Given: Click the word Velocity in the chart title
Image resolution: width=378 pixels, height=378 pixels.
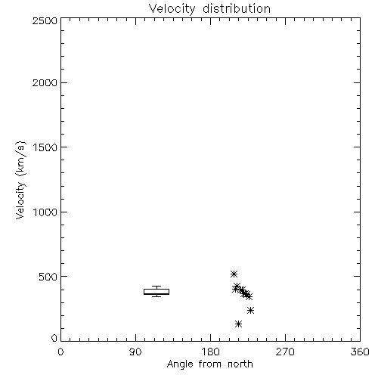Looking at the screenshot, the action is point(172,9).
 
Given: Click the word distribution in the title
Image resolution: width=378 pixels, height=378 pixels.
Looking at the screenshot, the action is point(237,8).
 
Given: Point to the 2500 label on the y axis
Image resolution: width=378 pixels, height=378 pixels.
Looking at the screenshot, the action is point(45,20).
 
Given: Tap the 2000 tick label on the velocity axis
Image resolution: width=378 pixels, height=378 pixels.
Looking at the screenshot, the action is point(45,83).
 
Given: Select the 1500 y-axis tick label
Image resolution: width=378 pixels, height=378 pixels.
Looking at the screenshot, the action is point(45,147).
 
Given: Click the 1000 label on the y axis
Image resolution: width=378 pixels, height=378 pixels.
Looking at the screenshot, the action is point(45,212).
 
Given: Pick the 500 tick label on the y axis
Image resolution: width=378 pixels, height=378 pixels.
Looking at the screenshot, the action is point(48,277).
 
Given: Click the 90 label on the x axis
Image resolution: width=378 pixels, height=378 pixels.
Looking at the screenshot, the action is point(135,352).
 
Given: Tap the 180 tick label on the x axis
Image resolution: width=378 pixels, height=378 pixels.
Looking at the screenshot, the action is point(210,352).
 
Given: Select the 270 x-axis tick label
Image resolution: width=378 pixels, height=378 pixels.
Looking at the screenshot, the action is point(285,352).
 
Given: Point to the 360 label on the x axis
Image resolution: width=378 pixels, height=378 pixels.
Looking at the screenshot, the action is point(360,352).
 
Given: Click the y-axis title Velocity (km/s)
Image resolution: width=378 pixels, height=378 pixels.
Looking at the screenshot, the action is point(20,180).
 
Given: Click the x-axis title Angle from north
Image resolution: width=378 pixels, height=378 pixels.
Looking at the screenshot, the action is point(210,364).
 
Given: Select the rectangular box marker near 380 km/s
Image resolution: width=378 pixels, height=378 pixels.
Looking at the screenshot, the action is point(156,292).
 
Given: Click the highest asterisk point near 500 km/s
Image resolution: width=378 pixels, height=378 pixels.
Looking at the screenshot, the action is point(234,274).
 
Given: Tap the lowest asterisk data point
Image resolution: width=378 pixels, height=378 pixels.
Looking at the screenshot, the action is point(238,324).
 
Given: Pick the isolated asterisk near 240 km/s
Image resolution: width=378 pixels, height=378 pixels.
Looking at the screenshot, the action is point(250,310).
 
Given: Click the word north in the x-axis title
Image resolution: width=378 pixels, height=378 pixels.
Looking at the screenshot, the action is point(240,364).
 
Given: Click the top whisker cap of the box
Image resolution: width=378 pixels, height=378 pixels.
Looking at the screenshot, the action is point(156,286).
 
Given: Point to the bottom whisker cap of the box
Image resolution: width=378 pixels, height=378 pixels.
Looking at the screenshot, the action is point(156,296).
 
